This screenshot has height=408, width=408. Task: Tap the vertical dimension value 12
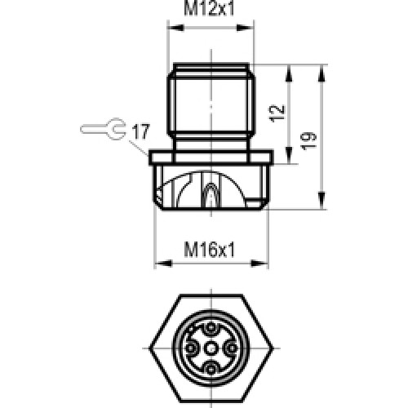tap(278, 112)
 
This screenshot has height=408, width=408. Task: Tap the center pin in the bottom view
tap(211, 347)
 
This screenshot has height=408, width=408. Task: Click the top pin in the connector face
tap(211, 330)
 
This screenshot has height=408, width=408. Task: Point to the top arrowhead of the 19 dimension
tap(319, 66)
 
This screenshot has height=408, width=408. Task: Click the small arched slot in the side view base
tap(211, 196)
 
